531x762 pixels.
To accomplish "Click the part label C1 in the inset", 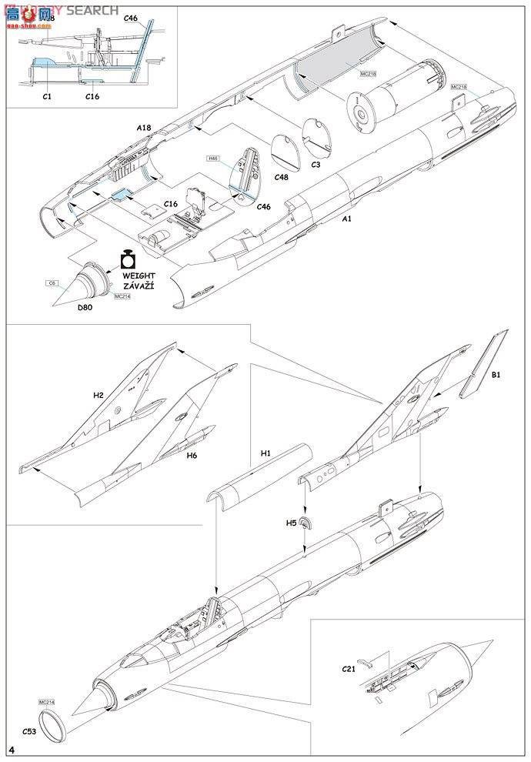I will point(46,96).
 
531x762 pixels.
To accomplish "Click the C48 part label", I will point(282,176).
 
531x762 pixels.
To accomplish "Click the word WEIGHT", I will point(138,276).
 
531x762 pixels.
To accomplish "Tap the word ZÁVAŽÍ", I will point(138,286).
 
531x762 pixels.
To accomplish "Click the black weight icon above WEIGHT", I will point(128,259).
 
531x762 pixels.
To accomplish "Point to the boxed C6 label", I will point(52,283).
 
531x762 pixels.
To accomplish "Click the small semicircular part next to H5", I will point(306,524).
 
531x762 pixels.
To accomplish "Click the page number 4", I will point(12,750).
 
